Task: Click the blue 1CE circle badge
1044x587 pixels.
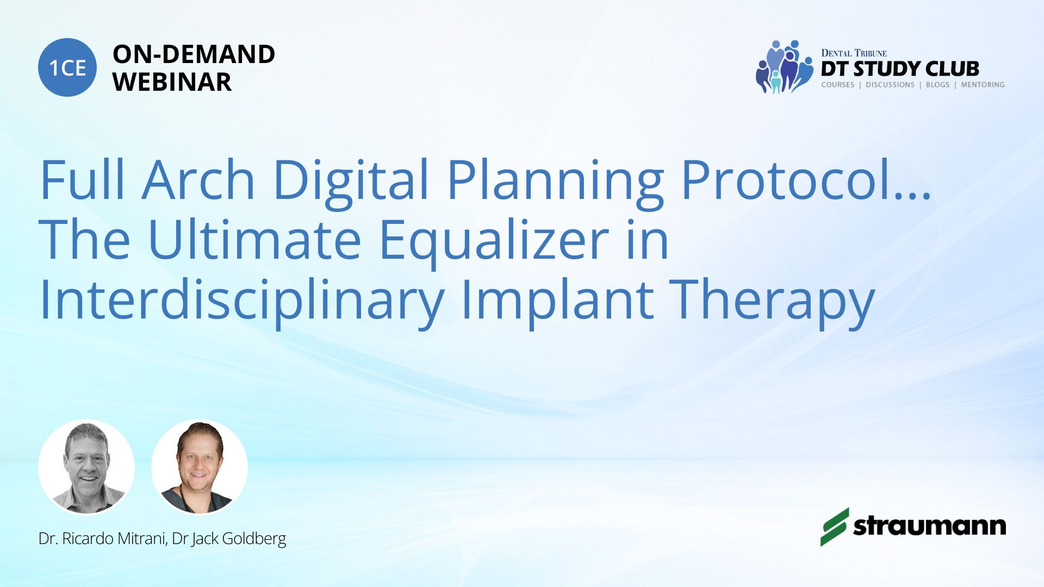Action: [x=67, y=67]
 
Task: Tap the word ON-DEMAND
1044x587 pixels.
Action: [x=194, y=54]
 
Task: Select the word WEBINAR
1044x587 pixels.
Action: [x=172, y=82]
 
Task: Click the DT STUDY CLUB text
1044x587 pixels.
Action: [x=900, y=69]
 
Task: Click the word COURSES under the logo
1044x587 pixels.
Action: [x=838, y=85]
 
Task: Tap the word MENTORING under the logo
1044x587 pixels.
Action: [x=983, y=85]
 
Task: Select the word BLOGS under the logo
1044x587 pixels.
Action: [x=937, y=85]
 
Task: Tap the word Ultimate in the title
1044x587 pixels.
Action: [x=254, y=239]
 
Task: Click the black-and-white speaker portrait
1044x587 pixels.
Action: [x=86, y=467]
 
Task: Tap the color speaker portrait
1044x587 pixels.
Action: [x=200, y=467]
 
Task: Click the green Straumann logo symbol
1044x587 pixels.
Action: [x=834, y=527]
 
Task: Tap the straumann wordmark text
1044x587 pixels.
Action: [x=929, y=526]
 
